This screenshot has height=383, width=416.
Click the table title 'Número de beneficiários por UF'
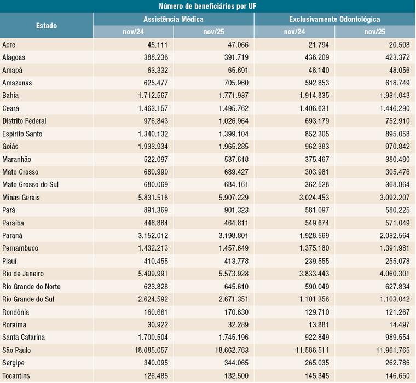click(208, 6)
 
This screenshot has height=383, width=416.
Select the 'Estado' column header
click(46, 26)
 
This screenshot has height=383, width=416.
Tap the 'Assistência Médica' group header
click(174, 19)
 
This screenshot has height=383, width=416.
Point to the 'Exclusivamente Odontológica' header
click(334, 19)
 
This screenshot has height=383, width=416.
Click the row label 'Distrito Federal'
click(25, 121)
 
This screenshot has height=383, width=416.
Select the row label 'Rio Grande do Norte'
click(32, 287)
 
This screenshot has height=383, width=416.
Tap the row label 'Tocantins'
click(16, 376)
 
